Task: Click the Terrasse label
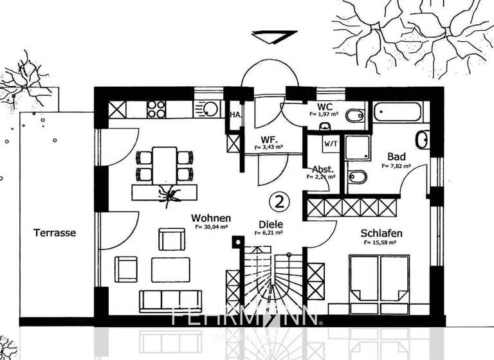click(55, 233)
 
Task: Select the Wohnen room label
click(211, 219)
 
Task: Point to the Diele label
click(271, 224)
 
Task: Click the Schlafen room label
click(382, 233)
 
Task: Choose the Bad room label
click(396, 156)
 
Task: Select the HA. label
click(235, 115)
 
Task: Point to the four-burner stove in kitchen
click(156, 109)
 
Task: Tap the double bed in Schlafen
click(379, 278)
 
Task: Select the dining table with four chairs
click(164, 165)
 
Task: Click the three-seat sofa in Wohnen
click(170, 301)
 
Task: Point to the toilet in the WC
click(353, 116)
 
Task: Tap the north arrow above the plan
click(274, 37)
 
